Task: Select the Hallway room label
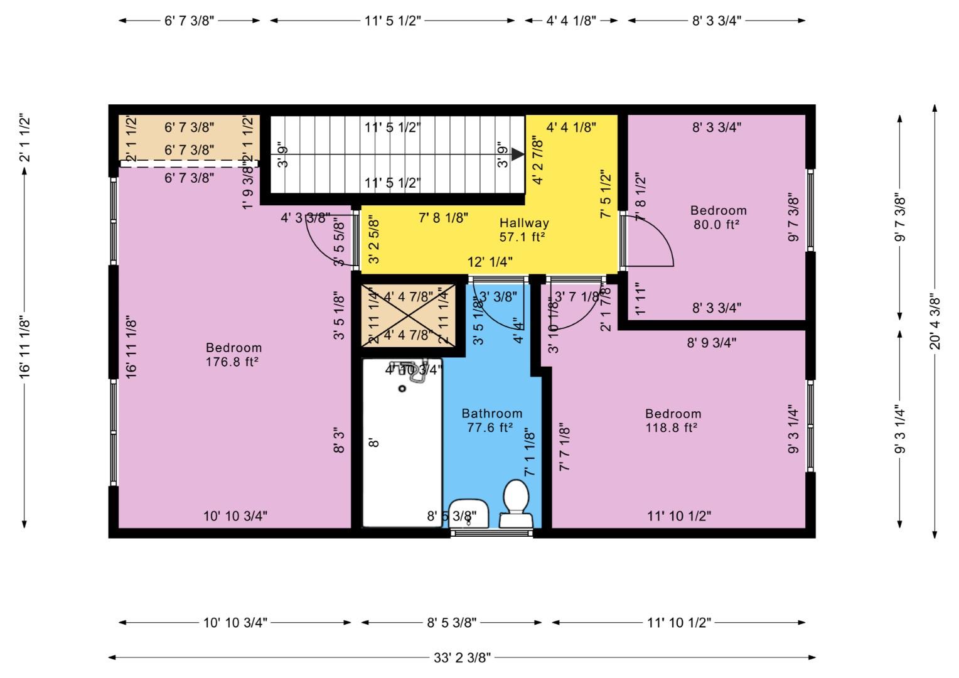[524, 223]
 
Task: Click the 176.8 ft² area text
[233, 362]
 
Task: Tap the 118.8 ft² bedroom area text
[672, 428]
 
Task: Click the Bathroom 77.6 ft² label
[492, 421]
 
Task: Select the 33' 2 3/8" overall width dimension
[462, 658]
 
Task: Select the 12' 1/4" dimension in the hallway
[490, 262]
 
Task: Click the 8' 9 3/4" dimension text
[711, 343]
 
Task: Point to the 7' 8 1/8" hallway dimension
[444, 218]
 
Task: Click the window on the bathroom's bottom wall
[492, 534]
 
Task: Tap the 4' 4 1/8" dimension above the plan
[571, 21]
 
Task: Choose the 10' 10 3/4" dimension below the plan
[235, 623]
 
